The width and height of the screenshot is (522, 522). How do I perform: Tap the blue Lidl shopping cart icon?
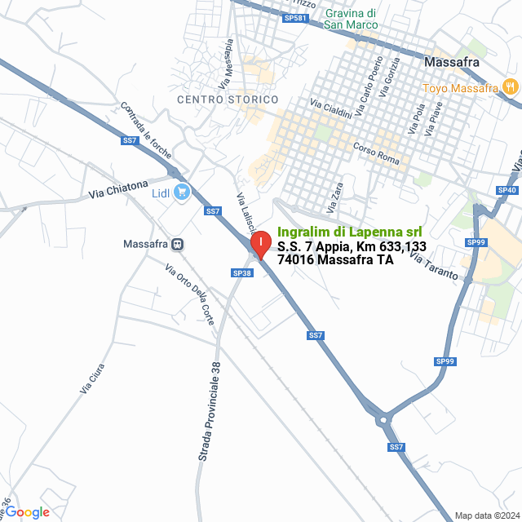(181, 193)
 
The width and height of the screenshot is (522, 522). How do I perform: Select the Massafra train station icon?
(177, 244)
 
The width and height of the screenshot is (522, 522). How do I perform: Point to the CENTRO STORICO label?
(228, 100)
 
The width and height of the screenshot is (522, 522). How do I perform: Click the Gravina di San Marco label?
(351, 19)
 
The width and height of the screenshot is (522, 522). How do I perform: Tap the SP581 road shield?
(295, 17)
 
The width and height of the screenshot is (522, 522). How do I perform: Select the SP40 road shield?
(507, 190)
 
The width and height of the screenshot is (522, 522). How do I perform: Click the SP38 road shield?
(241, 272)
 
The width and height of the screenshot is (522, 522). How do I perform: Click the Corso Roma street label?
(377, 153)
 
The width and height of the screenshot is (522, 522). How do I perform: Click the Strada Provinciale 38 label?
(209, 412)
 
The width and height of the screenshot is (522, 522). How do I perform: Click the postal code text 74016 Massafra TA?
(335, 260)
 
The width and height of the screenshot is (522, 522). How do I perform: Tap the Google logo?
(28, 511)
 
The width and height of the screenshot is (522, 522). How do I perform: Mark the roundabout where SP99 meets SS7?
(383, 419)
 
